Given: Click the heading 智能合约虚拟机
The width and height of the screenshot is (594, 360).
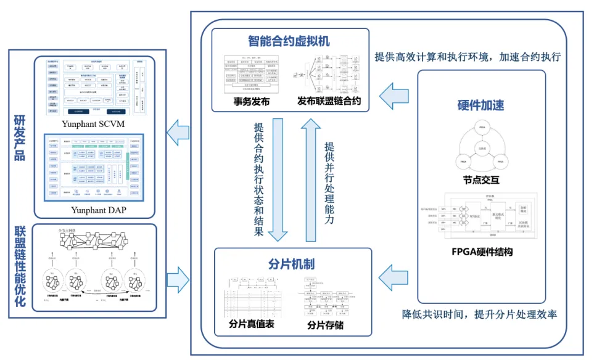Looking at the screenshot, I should (x=289, y=42).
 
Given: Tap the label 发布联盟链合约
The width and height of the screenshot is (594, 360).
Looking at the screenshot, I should (x=329, y=100).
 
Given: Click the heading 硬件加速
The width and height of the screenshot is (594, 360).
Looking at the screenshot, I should (x=482, y=105).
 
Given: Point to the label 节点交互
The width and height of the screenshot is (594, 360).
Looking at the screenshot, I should (x=482, y=181).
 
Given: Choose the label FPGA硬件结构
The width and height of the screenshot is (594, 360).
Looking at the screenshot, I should (x=482, y=252).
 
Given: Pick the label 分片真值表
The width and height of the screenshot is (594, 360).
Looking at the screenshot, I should (x=247, y=324).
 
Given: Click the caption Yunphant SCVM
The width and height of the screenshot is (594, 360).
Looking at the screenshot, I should (x=94, y=125).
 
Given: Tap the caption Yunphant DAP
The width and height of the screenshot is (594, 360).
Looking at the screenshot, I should (x=94, y=211).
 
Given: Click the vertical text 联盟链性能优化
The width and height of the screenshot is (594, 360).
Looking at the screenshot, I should (x=19, y=266).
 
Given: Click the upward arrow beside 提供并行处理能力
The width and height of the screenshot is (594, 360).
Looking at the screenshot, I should (x=311, y=179).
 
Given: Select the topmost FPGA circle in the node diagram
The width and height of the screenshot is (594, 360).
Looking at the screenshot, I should (x=482, y=130).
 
